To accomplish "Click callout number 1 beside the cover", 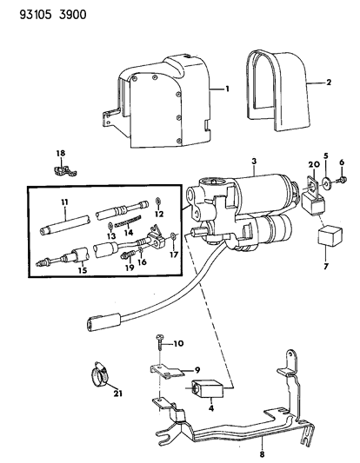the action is point(227,89).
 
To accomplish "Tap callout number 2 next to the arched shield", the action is point(329,82).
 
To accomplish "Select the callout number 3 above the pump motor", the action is point(254,162).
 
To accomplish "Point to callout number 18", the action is point(61,153).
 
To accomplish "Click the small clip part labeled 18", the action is point(63,171).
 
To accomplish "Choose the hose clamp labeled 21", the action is point(99,375).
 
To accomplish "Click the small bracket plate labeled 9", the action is point(166,371).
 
